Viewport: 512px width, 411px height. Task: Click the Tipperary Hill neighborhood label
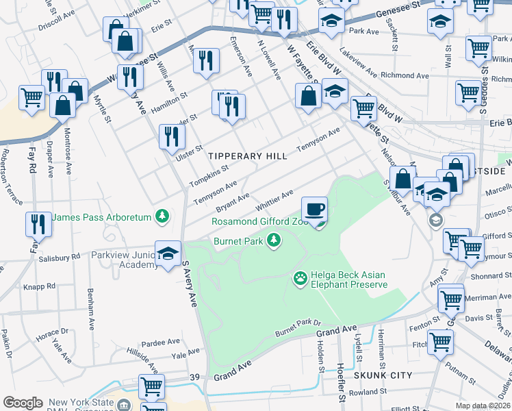tap(248, 156)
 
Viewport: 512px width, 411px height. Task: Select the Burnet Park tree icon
tap(274, 240)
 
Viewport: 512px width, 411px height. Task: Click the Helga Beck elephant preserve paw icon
tap(300, 278)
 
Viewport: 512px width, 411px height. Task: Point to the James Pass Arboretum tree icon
tap(162, 216)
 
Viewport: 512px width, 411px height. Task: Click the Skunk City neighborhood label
tap(383, 375)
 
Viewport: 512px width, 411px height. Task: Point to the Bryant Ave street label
tap(232, 200)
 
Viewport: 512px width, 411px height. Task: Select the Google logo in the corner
tap(23, 402)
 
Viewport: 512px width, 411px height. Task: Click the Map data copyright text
tap(483, 406)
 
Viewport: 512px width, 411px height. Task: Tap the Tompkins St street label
tap(209, 175)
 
